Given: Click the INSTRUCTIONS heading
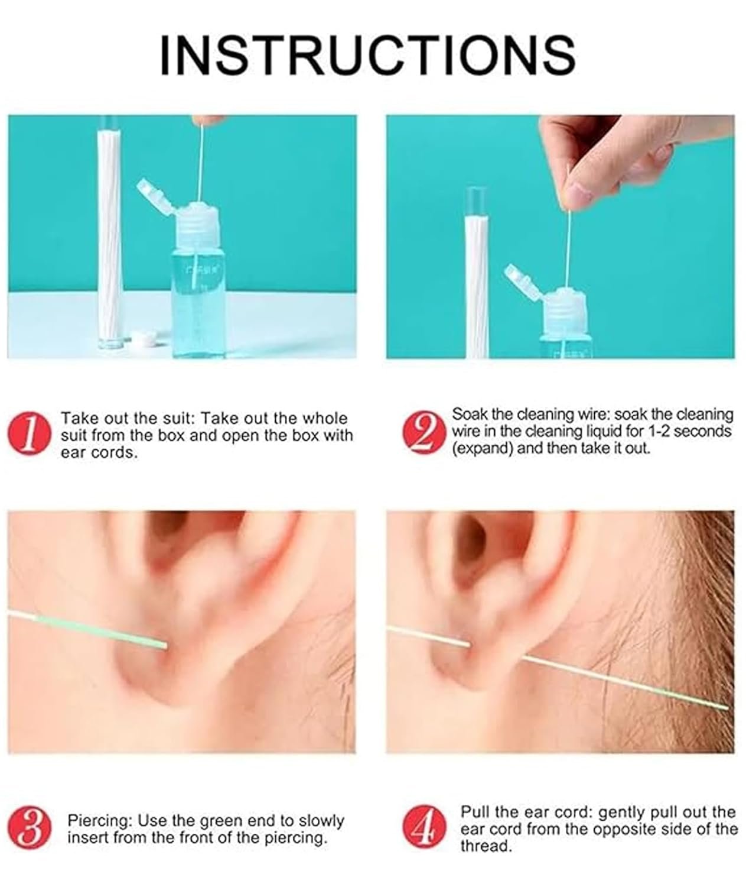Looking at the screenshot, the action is [367, 55].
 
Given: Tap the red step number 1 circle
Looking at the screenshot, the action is [28, 434].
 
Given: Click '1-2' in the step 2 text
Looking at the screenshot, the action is [655, 431].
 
